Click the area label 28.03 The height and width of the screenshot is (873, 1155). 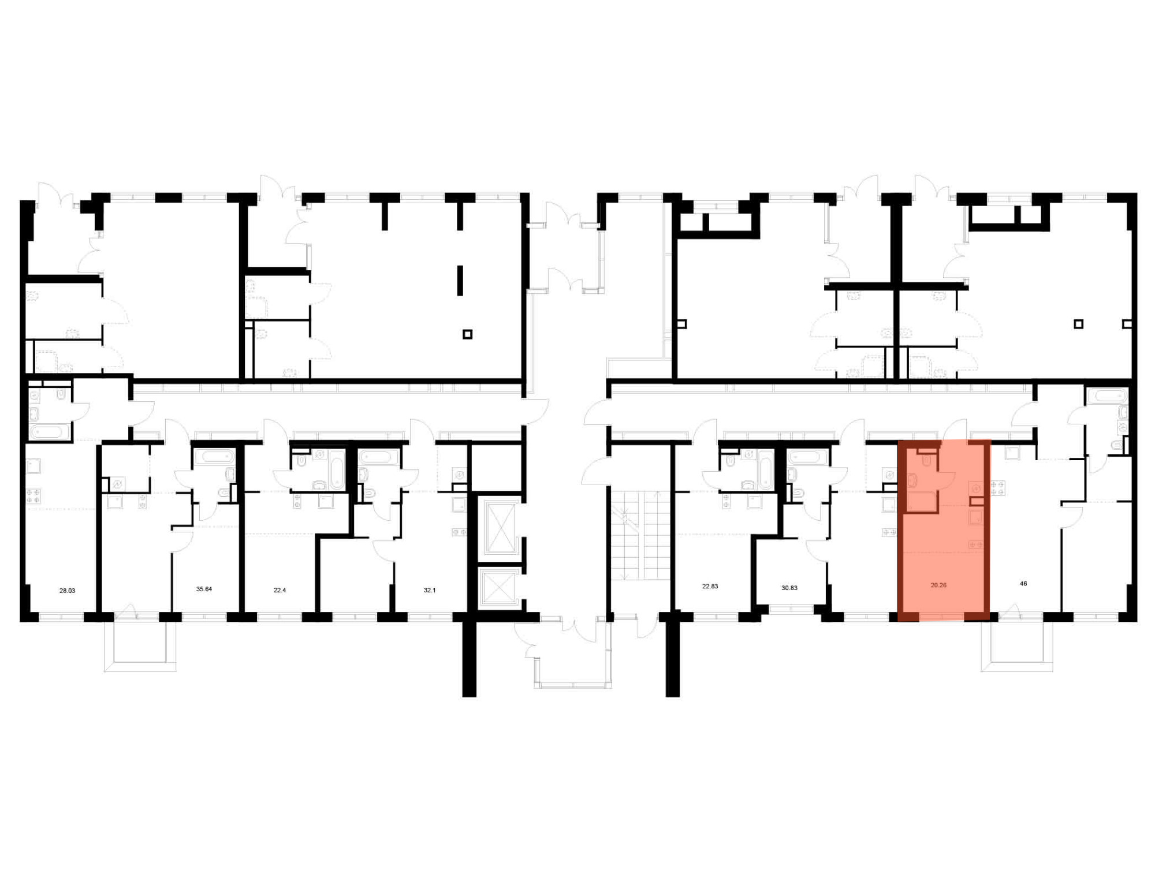pyautogui.click(x=67, y=591)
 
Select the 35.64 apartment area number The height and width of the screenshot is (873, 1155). pyautogui.click(x=204, y=589)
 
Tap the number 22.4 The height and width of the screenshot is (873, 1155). pyautogui.click(x=280, y=590)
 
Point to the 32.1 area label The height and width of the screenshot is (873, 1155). pyautogui.click(x=430, y=590)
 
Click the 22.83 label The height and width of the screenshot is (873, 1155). pyautogui.click(x=710, y=586)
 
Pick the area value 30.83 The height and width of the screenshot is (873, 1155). pyautogui.click(x=789, y=588)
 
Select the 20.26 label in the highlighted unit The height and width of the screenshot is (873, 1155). pyautogui.click(x=938, y=585)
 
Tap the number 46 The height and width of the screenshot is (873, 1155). pyautogui.click(x=1023, y=584)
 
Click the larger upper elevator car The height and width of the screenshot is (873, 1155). pyautogui.click(x=501, y=527)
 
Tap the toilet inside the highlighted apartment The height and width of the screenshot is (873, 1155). pyautogui.click(x=927, y=460)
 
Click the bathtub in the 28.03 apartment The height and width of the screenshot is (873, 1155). pyautogui.click(x=49, y=432)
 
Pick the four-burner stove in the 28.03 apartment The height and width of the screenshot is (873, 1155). pyautogui.click(x=33, y=495)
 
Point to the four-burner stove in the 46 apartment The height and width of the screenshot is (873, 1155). pyautogui.click(x=997, y=488)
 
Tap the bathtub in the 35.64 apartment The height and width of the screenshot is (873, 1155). pyautogui.click(x=214, y=457)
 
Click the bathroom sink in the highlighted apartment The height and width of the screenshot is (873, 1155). pyautogui.click(x=912, y=480)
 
